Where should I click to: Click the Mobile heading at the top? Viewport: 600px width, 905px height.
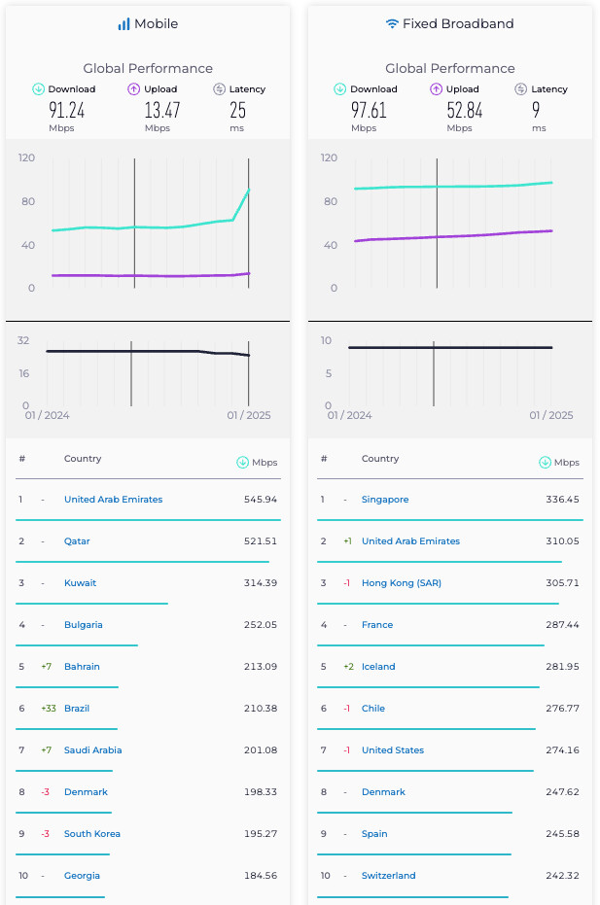[x=157, y=23]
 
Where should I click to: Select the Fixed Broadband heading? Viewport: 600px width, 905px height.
[x=458, y=23]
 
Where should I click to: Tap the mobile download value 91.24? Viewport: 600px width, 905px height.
[x=67, y=110]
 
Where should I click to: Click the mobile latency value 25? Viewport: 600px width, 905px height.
[x=237, y=110]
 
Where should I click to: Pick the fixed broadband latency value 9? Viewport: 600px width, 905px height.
[x=536, y=110]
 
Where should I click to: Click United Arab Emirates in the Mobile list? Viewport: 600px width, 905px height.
[x=113, y=500]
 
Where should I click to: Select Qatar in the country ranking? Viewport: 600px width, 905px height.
[x=77, y=541]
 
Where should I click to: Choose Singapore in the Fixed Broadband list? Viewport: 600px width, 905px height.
[x=385, y=500]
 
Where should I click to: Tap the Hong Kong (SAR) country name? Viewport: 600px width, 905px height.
[x=398, y=583]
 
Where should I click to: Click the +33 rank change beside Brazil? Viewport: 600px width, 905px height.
[x=49, y=709]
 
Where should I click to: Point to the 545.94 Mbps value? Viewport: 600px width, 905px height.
[x=260, y=500]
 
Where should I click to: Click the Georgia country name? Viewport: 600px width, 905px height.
[x=82, y=876]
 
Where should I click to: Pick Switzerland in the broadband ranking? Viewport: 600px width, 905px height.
[x=388, y=876]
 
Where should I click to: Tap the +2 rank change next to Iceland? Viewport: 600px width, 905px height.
[x=347, y=667]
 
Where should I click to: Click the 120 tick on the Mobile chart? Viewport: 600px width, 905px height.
[x=26, y=157]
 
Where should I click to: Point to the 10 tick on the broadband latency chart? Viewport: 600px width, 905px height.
[x=327, y=340]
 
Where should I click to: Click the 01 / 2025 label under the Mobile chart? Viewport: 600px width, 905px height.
[x=249, y=415]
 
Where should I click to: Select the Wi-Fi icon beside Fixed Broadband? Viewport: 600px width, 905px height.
[x=392, y=23]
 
